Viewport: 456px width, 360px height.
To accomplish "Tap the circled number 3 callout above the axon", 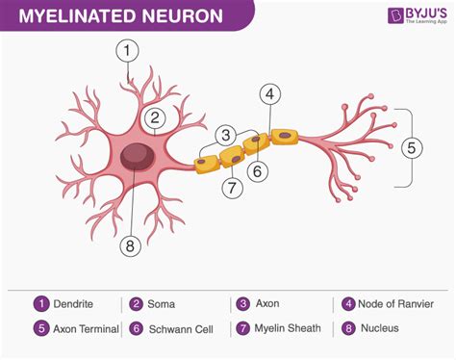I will (x=226, y=135).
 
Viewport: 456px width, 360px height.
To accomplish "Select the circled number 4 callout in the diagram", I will (x=270, y=94).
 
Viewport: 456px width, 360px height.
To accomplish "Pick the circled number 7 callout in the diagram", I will (x=231, y=188).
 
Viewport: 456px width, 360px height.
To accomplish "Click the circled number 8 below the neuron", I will (x=132, y=245).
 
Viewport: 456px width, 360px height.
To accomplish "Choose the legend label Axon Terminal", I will (x=88, y=328).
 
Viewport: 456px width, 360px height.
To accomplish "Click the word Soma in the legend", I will (x=161, y=303).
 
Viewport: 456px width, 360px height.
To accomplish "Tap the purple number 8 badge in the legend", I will (x=346, y=328).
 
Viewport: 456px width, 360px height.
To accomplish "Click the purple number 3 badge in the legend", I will (x=243, y=303).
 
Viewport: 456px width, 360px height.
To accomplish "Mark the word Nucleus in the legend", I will (x=382, y=328).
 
